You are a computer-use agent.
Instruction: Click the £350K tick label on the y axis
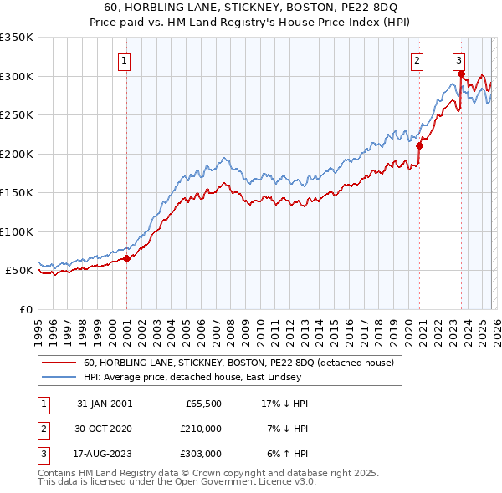pyautogui.click(x=17, y=38)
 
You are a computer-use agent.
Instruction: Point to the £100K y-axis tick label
pyautogui.click(x=17, y=231)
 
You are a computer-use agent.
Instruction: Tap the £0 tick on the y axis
pyautogui.click(x=25, y=309)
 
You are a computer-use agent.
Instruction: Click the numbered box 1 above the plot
pyautogui.click(x=124, y=59)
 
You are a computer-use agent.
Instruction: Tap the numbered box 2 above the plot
pyautogui.click(x=416, y=59)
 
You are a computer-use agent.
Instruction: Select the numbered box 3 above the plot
pyautogui.click(x=459, y=59)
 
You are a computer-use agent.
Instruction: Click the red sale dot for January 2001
pyautogui.click(x=127, y=258)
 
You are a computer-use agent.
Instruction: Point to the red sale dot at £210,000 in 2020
pyautogui.click(x=420, y=146)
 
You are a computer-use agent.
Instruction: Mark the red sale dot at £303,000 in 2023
pyautogui.click(x=461, y=74)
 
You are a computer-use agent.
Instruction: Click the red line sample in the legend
pyautogui.click(x=59, y=363)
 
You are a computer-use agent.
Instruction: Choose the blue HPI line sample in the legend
pyautogui.click(x=59, y=377)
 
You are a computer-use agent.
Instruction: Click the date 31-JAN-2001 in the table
pyautogui.click(x=105, y=404)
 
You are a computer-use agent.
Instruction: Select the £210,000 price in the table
pyautogui.click(x=202, y=429)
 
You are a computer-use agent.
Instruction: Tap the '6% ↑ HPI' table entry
pyautogui.click(x=285, y=454)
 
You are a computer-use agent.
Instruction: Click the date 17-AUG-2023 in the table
pyautogui.click(x=105, y=454)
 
